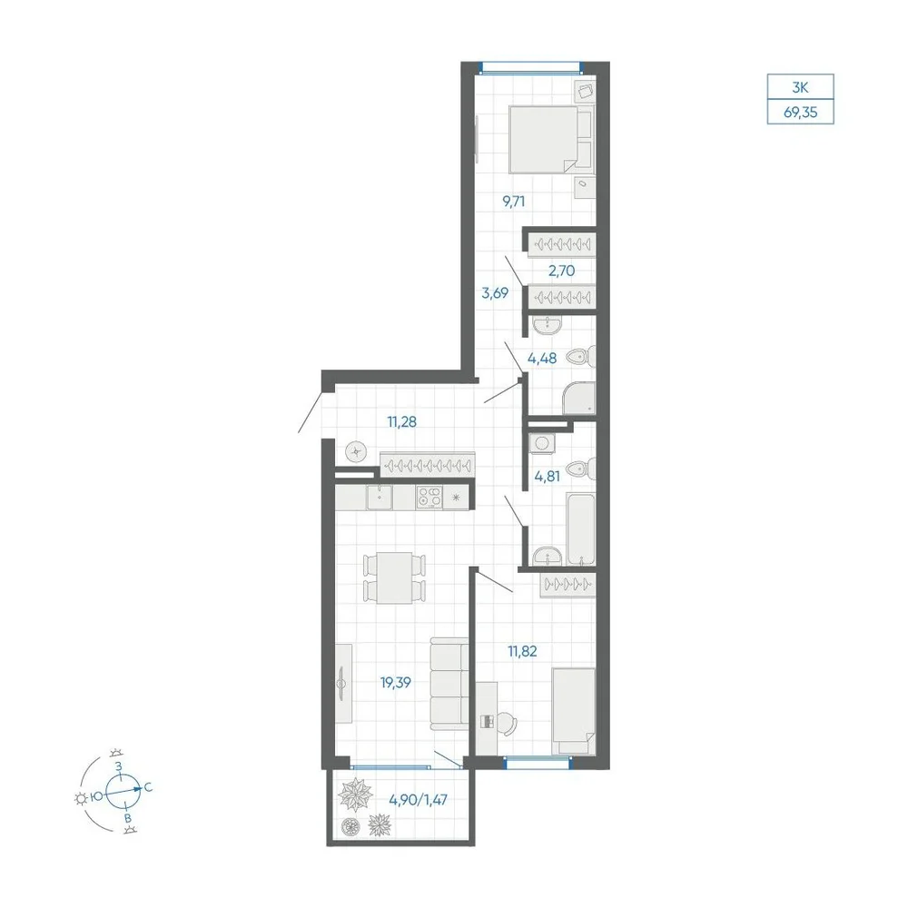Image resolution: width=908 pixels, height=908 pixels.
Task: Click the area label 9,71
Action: coord(514,202)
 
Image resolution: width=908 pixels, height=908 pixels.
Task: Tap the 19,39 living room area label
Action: coord(396,683)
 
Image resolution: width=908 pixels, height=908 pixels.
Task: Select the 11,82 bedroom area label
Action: coord(522,651)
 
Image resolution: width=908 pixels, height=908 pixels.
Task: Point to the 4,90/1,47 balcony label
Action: coord(418,800)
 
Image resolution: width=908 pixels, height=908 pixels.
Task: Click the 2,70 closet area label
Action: coord(561,271)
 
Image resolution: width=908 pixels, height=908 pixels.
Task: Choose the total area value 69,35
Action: coord(800,113)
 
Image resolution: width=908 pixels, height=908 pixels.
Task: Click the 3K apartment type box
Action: coord(800,87)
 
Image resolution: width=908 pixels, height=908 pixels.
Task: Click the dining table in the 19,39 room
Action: coord(394,577)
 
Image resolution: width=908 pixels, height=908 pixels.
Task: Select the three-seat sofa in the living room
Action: coord(449,684)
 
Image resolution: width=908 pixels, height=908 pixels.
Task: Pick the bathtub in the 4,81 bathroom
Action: coord(581,528)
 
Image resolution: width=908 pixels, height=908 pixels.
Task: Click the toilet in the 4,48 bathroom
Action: coord(580,357)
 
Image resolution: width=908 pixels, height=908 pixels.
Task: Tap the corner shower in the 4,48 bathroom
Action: coord(579,399)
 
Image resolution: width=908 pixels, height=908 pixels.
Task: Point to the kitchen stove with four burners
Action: coord(429,498)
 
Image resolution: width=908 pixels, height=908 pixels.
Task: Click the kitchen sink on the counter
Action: coord(380,498)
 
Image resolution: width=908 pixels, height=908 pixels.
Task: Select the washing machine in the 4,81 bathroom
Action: coord(542,444)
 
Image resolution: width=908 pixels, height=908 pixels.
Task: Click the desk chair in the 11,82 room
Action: coord(508,722)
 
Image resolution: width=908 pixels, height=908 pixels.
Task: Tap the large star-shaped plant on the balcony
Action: coord(355,795)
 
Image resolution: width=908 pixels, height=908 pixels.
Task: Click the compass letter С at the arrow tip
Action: coord(148,787)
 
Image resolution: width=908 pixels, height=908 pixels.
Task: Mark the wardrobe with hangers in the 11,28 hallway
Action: coord(428,464)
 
